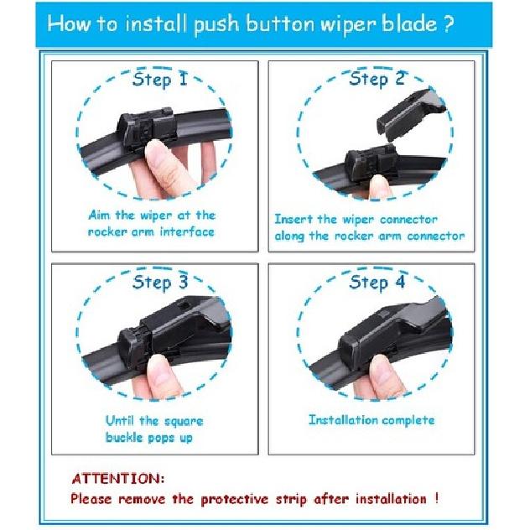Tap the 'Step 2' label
[377, 80]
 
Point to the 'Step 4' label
[377, 283]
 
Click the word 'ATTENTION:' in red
[118, 480]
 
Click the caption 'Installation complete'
[371, 419]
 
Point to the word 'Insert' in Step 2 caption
[296, 219]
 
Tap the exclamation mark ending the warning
[435, 498]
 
